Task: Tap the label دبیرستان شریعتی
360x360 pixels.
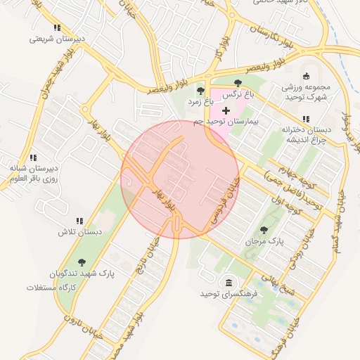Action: [x=57, y=39]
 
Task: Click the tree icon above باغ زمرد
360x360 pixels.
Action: [x=200, y=91]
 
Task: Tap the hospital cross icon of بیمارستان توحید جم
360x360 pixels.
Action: [x=226, y=110]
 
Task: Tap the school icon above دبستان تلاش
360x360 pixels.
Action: [x=79, y=220]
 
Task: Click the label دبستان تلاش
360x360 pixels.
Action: [x=79, y=231]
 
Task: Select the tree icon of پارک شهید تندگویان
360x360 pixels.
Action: [x=82, y=262]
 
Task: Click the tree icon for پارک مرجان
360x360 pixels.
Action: [x=264, y=230]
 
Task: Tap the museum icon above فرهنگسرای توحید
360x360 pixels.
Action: [x=228, y=283]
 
